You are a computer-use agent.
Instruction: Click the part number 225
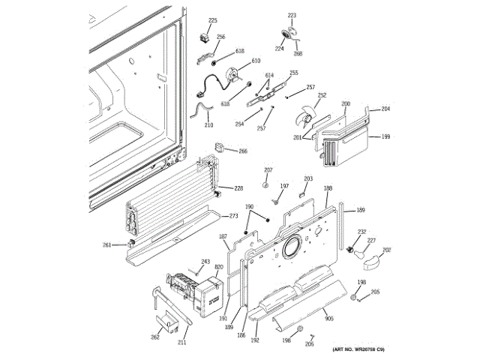coord(212,20)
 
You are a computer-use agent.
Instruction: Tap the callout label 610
coord(256,61)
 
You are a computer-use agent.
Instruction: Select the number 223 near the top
coord(292,15)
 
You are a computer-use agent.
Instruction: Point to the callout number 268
coord(298,53)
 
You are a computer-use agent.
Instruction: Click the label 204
coord(385,109)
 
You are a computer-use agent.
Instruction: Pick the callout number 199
coord(385,137)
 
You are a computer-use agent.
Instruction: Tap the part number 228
coord(239,187)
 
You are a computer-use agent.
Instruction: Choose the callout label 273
coord(233,216)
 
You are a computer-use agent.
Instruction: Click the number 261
coord(107,244)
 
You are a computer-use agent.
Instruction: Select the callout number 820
coord(219,268)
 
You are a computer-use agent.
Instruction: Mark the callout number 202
coord(387,250)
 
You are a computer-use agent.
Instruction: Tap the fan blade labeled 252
coord(305,118)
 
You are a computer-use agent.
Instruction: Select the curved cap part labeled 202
coord(369,260)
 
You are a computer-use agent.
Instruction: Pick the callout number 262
coord(155,337)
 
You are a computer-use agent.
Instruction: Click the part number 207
coord(268,170)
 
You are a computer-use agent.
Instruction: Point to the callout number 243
coord(205,262)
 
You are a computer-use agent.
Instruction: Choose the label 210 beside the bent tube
coord(208,126)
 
